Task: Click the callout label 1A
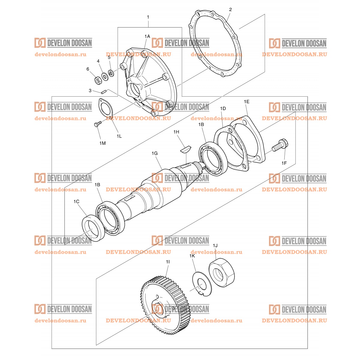[147, 36]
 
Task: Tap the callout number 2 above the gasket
[230, 10]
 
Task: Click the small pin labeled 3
[104, 92]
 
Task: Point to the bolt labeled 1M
[98, 124]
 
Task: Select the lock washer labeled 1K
[202, 284]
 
